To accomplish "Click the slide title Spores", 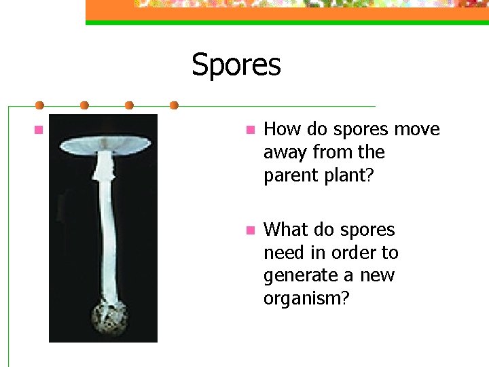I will [236, 65].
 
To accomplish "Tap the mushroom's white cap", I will [105, 143].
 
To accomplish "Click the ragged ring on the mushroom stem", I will [103, 171].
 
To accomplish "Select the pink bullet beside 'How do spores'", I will [249, 129].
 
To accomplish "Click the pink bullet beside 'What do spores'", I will [249, 230].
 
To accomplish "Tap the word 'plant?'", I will [349, 175].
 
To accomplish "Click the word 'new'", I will [376, 276].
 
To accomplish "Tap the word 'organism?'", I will [306, 299].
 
